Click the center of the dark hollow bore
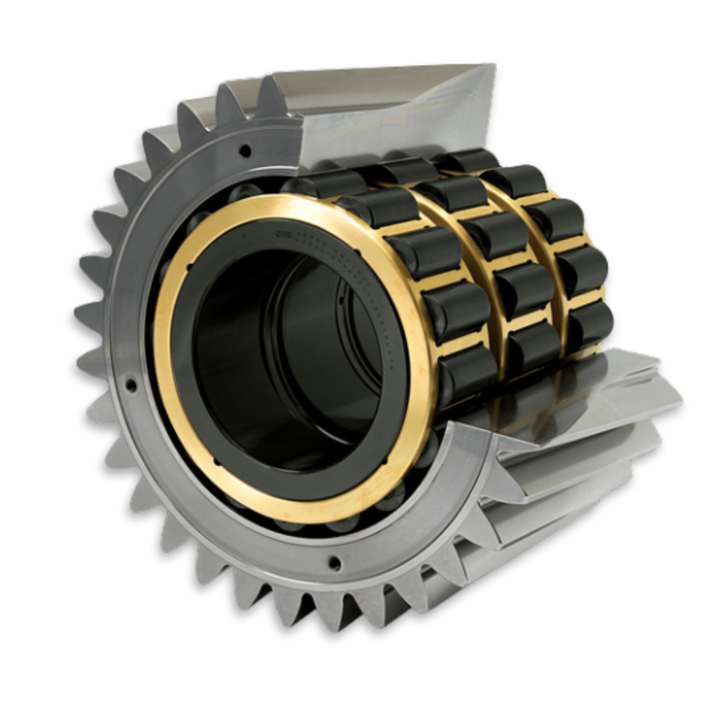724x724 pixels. [285, 360]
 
